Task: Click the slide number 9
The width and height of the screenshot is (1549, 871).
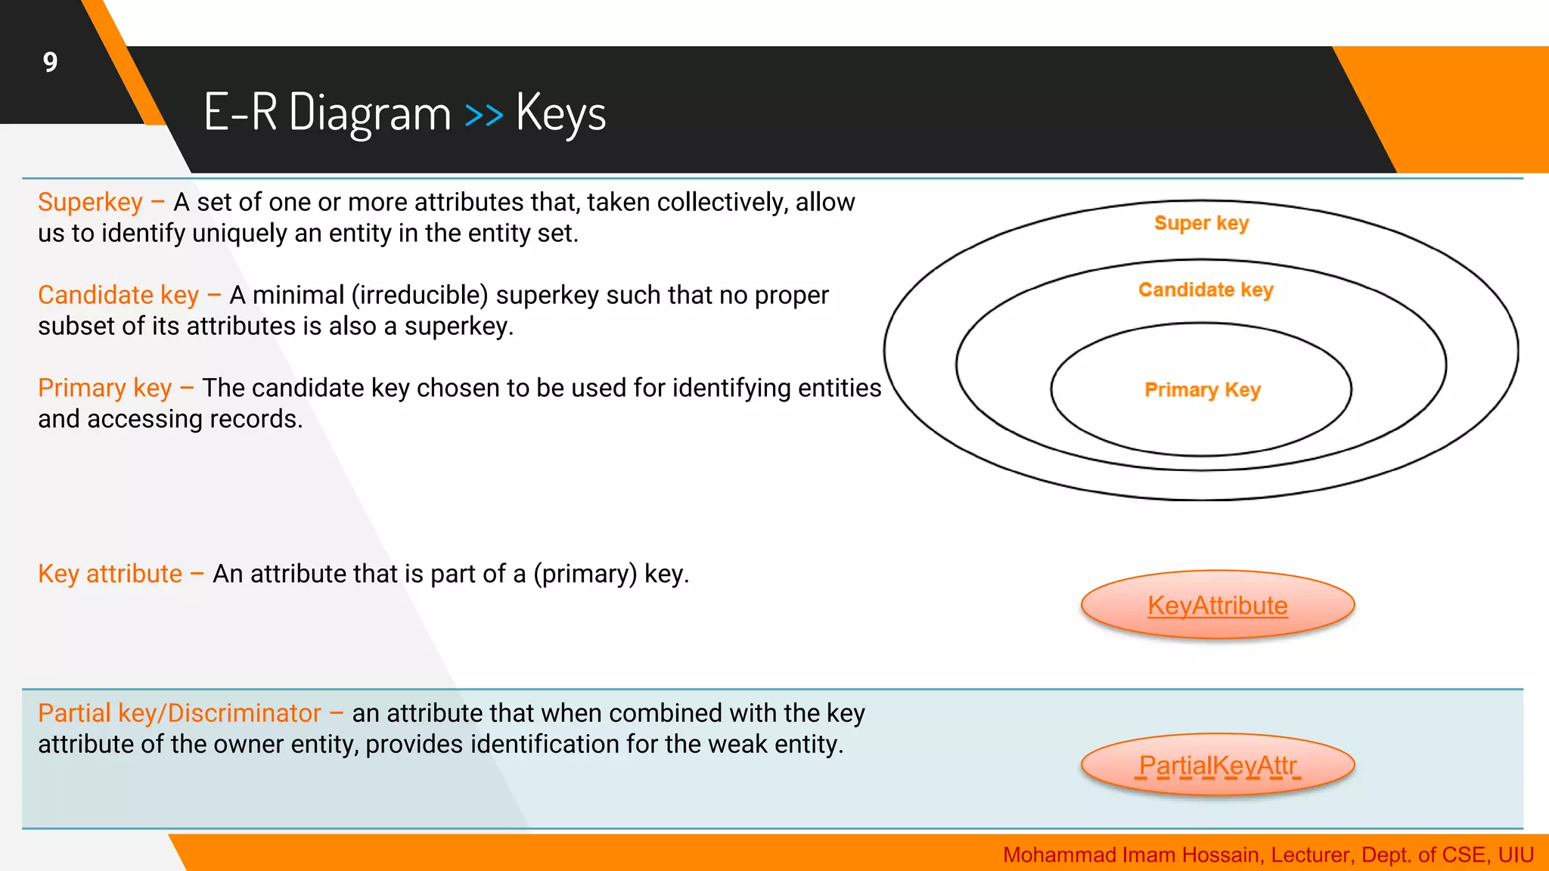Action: [x=50, y=62]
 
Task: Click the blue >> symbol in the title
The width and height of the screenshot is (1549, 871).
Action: [x=483, y=115]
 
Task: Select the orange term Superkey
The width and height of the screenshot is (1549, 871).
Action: [x=90, y=203]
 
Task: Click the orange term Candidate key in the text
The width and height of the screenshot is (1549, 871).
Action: [x=118, y=295]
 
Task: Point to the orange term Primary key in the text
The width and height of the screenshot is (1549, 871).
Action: [x=104, y=388]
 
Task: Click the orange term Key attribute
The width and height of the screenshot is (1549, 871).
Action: [x=110, y=574]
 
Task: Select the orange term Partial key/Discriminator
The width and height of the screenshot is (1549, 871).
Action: [x=179, y=713]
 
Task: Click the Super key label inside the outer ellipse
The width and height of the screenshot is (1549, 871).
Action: [x=1201, y=223]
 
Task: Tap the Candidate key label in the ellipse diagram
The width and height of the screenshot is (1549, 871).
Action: [x=1206, y=290]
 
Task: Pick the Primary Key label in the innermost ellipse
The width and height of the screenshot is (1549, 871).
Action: [x=1202, y=389]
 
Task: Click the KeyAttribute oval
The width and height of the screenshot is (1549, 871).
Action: [x=1217, y=605]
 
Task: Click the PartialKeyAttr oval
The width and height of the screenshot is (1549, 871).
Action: [x=1217, y=765]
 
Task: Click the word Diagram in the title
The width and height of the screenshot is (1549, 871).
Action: [x=370, y=113]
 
